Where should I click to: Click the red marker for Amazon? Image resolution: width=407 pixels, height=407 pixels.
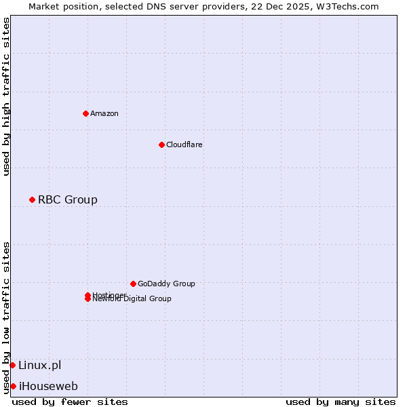(x=85, y=113)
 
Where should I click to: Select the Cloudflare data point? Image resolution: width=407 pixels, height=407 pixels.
(x=161, y=144)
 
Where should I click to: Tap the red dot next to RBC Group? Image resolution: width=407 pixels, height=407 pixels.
(x=32, y=199)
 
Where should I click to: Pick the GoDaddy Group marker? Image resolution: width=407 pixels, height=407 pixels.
(x=133, y=284)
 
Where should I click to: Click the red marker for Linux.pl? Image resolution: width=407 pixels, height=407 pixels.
(x=12, y=365)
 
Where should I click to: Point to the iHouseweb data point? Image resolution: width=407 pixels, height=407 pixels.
(x=13, y=386)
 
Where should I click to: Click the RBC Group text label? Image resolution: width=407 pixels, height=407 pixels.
(x=67, y=199)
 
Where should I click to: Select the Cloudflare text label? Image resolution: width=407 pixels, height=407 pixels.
(x=184, y=144)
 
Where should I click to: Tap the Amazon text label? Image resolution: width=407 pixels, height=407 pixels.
(x=104, y=113)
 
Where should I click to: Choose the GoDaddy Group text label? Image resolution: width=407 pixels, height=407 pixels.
(x=166, y=284)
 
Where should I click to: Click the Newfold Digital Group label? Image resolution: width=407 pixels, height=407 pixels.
(x=132, y=299)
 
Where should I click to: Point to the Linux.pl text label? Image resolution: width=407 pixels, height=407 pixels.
(x=39, y=365)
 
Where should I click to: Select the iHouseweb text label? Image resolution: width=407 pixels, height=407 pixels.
(x=47, y=386)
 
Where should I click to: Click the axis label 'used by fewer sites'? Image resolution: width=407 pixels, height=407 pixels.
(x=70, y=402)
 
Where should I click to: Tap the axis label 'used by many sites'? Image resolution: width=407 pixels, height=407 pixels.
(x=341, y=402)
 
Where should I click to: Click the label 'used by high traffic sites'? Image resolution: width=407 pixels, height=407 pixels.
(x=6, y=96)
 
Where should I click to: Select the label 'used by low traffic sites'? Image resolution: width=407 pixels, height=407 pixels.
(x=6, y=317)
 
